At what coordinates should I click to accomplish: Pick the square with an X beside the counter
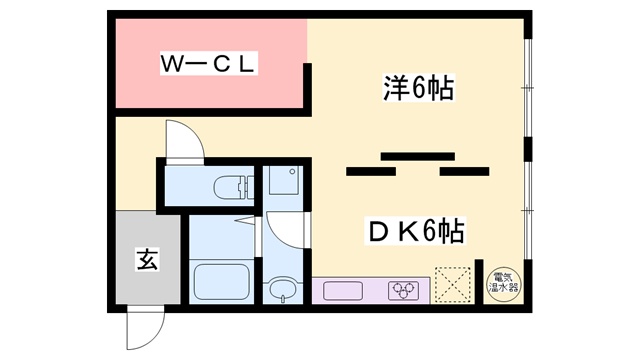[x=456, y=284]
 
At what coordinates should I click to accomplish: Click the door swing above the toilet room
[x=185, y=139]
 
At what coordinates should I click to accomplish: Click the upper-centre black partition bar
[x=410, y=154]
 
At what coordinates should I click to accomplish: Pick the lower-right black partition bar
[x=464, y=172]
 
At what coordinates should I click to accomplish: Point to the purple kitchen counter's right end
[x=429, y=291]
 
